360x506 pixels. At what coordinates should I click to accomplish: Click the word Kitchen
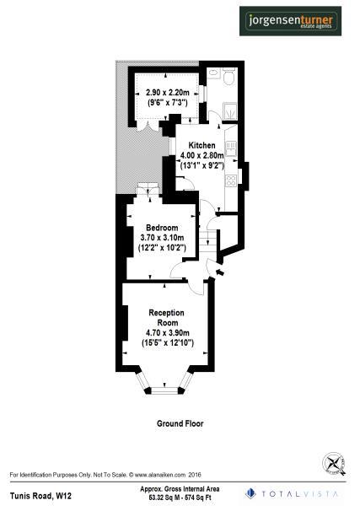coord(201,145)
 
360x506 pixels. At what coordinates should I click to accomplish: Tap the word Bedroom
coord(161,229)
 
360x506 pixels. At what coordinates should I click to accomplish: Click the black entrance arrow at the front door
coord(219,272)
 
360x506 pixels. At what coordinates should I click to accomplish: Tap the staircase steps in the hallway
coord(205,238)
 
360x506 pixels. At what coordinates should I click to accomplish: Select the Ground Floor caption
coord(180,423)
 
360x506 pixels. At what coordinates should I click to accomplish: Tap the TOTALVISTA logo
coord(296,492)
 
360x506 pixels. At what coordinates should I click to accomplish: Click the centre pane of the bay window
coord(165,390)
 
